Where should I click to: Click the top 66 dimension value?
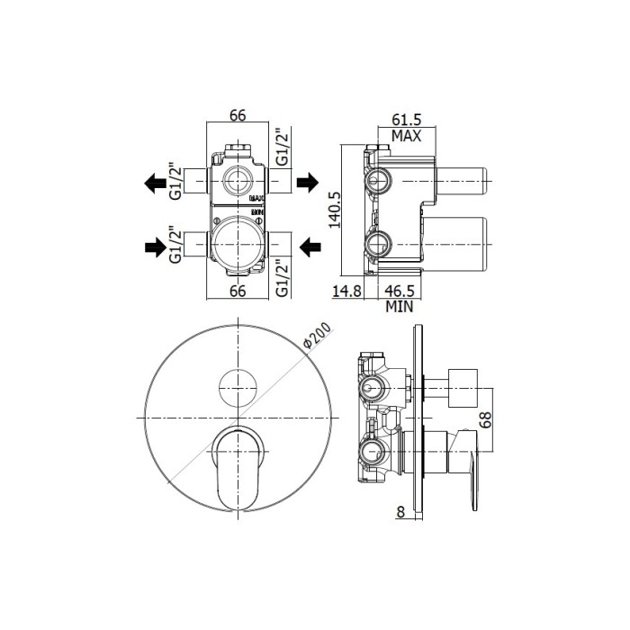[x=238, y=114]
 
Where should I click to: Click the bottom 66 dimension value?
[x=238, y=291]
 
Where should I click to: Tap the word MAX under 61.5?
[x=407, y=136]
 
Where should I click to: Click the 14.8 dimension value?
[x=347, y=291]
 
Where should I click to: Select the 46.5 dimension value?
[x=400, y=291]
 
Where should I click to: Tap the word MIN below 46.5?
[x=399, y=306]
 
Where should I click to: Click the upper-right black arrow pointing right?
[x=307, y=184]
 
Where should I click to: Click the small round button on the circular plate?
[x=238, y=387]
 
